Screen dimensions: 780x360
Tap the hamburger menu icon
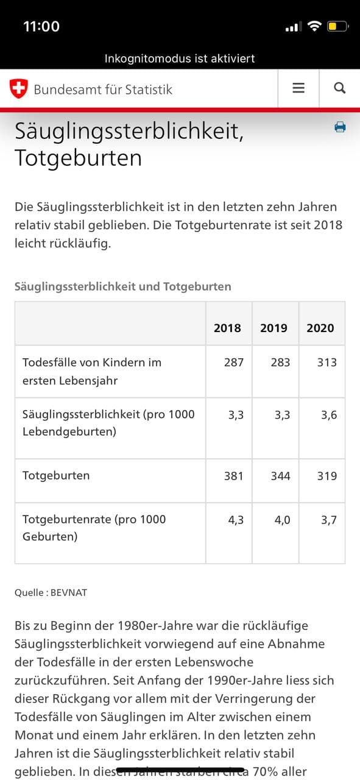pos(298,88)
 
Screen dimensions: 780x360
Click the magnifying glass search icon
pos(340,88)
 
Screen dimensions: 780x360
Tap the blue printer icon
pos(340,127)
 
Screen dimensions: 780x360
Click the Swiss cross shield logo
pos(19,89)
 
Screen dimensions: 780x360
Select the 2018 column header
pos(227,328)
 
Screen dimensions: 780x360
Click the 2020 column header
pos(320,328)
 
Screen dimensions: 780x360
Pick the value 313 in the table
pos(326,363)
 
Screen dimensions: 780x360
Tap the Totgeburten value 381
pos(233,476)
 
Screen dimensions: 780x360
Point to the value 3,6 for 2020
pos(329,415)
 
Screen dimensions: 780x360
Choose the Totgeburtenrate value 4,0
pos(282,520)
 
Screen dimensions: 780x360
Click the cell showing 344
pos(280,476)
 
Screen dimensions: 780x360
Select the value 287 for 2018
pos(233,363)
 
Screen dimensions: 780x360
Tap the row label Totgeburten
pos(56,475)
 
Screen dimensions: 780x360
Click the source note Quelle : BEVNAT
pos(51,592)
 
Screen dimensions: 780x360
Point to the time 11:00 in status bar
pos(41,26)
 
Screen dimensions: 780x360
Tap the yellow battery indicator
pos(337,26)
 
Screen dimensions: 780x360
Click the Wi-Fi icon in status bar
pos(314,26)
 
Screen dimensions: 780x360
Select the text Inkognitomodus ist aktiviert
pos(180,58)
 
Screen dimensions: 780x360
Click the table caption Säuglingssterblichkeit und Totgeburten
pos(122,286)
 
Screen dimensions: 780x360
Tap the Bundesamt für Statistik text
pos(103,90)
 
